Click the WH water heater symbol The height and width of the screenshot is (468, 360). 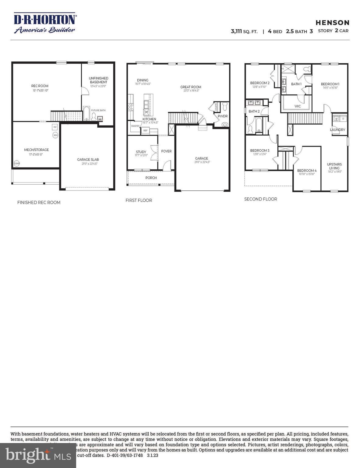(55, 135)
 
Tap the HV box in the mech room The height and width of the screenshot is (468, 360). (55, 127)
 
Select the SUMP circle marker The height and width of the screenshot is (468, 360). (16, 164)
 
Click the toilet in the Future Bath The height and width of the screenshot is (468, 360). (94, 117)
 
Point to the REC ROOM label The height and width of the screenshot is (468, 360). (40, 86)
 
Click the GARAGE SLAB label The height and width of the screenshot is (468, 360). (88, 159)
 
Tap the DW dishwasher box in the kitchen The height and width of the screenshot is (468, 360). (146, 112)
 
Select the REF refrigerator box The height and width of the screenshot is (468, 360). (145, 130)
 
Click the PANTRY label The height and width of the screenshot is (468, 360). (135, 126)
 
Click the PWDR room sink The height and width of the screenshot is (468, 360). (225, 124)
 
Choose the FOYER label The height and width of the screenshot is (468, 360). (166, 151)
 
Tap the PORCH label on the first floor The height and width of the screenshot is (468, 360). (151, 178)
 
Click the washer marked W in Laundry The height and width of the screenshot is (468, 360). (337, 119)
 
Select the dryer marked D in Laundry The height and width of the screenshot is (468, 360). (343, 119)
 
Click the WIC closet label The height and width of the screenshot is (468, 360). (298, 106)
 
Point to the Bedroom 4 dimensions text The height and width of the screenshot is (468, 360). (307, 174)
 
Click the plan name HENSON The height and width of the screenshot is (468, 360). (333, 23)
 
